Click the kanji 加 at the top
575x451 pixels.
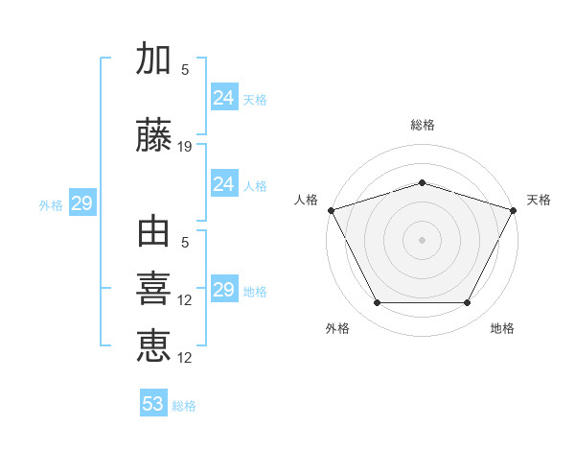pyautogui.click(x=153, y=58)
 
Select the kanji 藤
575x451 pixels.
pyautogui.click(x=153, y=134)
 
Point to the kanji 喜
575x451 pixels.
pyautogui.click(x=153, y=289)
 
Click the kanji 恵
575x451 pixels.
pyautogui.click(x=153, y=345)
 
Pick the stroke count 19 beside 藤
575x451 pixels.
pyautogui.click(x=184, y=147)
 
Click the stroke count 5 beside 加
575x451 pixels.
pyautogui.click(x=185, y=70)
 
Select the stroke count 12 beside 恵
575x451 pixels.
pyautogui.click(x=184, y=358)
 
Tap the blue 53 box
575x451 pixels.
pyautogui.click(x=153, y=402)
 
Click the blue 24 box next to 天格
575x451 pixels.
pyautogui.click(x=224, y=97)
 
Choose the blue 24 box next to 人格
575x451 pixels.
pyautogui.click(x=224, y=183)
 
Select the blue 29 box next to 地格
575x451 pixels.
pyautogui.click(x=224, y=288)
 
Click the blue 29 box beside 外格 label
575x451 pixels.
pyautogui.click(x=82, y=202)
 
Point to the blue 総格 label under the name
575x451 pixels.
pyautogui.click(x=184, y=406)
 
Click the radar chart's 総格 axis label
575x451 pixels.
pyautogui.click(x=423, y=125)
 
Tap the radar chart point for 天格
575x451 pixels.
pyautogui.click(x=513, y=210)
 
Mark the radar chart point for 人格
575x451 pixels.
pyautogui.click(x=332, y=210)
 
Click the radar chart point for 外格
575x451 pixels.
pyautogui.click(x=378, y=302)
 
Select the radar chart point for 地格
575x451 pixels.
pyautogui.click(x=467, y=302)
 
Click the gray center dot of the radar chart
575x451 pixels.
pyautogui.click(x=422, y=240)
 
